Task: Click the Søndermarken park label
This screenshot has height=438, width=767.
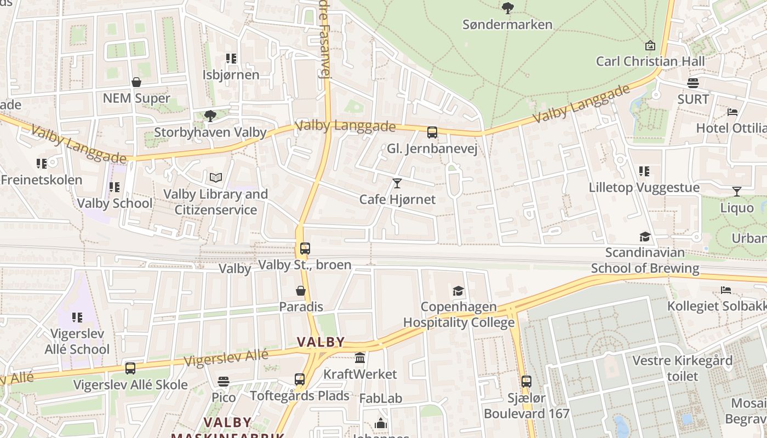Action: coord(507,25)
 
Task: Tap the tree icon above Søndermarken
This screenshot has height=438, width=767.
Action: coord(508,8)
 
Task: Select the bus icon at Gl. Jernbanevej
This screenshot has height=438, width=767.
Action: coord(432,132)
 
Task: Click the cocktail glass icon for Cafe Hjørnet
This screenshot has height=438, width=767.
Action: coord(397,183)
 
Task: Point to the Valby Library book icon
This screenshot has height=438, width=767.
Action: coord(216,178)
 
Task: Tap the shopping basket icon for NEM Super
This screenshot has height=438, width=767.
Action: coord(136,82)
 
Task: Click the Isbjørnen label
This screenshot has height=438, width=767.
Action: coord(231,74)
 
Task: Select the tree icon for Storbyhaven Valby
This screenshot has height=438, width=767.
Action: coord(210,116)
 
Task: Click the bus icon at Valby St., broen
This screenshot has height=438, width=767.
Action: coord(305,248)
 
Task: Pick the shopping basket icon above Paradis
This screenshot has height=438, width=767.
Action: coord(301,290)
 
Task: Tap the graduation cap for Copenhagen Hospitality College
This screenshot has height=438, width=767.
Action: coord(459,291)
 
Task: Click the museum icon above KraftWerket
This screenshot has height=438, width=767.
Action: coord(360,358)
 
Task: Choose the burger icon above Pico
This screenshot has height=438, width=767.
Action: coord(223,381)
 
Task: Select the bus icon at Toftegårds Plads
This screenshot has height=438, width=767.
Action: coord(300,379)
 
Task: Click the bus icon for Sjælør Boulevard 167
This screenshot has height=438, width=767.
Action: coord(526,381)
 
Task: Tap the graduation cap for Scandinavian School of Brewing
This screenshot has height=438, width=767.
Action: coord(645,237)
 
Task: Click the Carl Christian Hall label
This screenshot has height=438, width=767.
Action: coord(650,61)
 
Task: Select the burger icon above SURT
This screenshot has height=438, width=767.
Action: coord(693,83)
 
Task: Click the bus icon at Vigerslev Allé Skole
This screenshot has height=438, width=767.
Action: coord(130,368)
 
